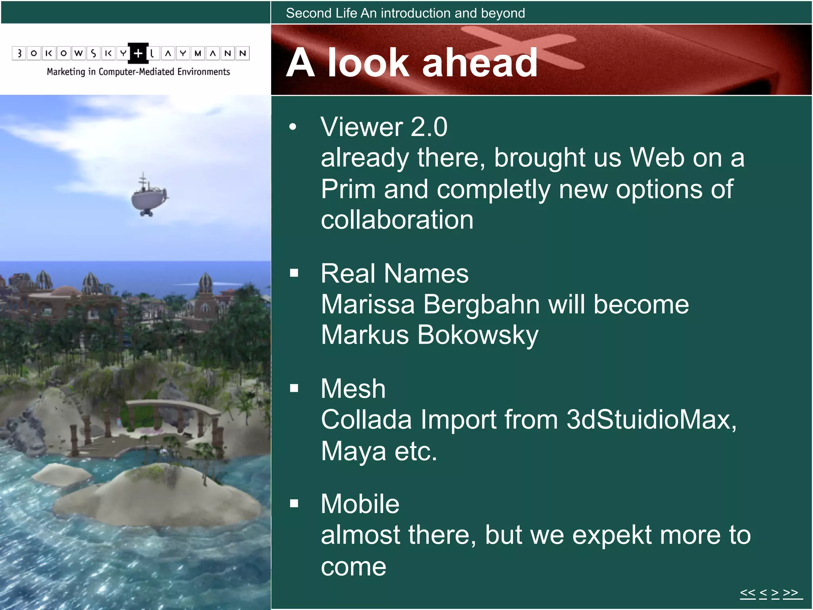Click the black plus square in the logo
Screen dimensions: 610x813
pos(138,53)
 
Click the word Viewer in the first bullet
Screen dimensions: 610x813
pos(362,127)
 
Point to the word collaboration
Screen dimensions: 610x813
pos(397,220)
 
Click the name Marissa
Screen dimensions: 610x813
pos(368,305)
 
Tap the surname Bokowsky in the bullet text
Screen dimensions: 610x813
pos(478,335)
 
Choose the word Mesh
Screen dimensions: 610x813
pos(353,388)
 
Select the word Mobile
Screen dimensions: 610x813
pos(360,504)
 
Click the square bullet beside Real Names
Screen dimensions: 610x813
pos(294,273)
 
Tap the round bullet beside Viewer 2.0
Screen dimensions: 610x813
pos(293,127)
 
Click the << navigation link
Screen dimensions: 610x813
pos(747,593)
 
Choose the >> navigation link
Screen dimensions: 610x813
pos(791,593)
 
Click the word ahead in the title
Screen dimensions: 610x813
pos(480,63)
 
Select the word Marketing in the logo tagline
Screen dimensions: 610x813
pos(66,72)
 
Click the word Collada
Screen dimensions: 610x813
pos(366,420)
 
